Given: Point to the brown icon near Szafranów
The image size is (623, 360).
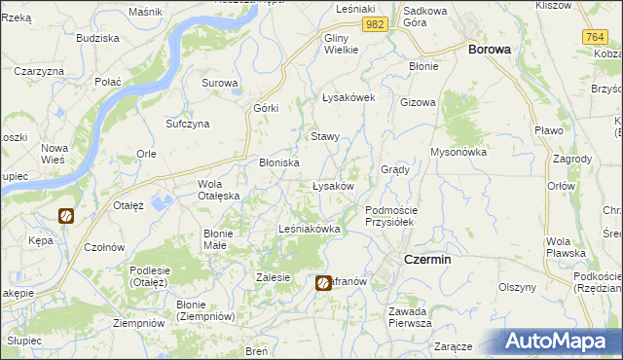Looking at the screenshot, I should (323, 282).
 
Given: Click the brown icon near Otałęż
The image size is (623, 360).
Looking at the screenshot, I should (66, 216).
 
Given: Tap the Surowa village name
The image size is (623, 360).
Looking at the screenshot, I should (220, 83).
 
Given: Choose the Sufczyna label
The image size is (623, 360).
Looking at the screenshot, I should (188, 125).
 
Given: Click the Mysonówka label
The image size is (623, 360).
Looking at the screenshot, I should (458, 152).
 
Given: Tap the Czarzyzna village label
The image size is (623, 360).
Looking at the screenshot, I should (39, 72).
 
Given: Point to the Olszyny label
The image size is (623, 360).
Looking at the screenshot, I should (518, 287).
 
